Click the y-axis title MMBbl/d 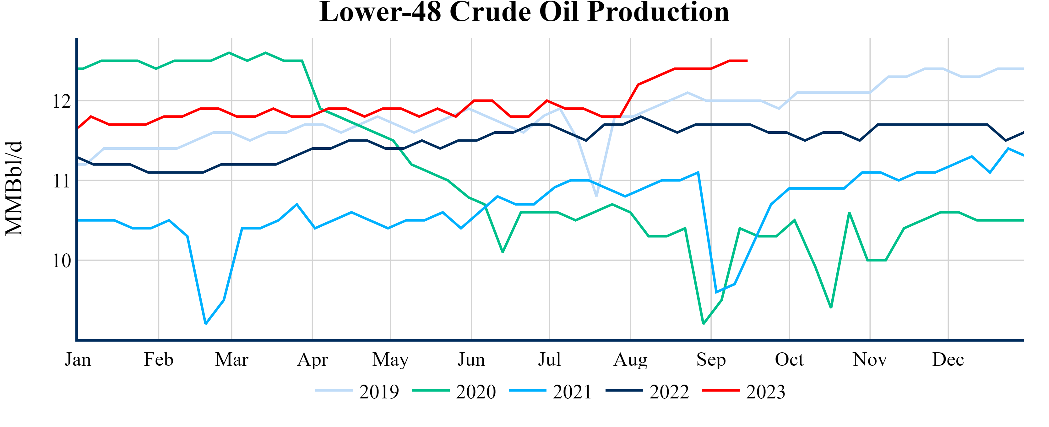tap(14, 188)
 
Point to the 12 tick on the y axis tap(62, 101)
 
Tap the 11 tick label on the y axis tap(62, 181)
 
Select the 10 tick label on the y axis tap(62, 261)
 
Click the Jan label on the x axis tap(78, 359)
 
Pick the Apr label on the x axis tap(312, 359)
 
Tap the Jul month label tap(549, 359)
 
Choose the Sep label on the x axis tap(711, 359)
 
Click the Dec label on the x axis tap(948, 359)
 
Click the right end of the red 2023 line tap(747, 61)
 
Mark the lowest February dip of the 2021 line tap(206, 324)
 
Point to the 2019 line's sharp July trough tap(596, 196)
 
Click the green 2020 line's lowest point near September tap(703, 324)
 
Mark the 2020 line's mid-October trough tap(831, 308)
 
